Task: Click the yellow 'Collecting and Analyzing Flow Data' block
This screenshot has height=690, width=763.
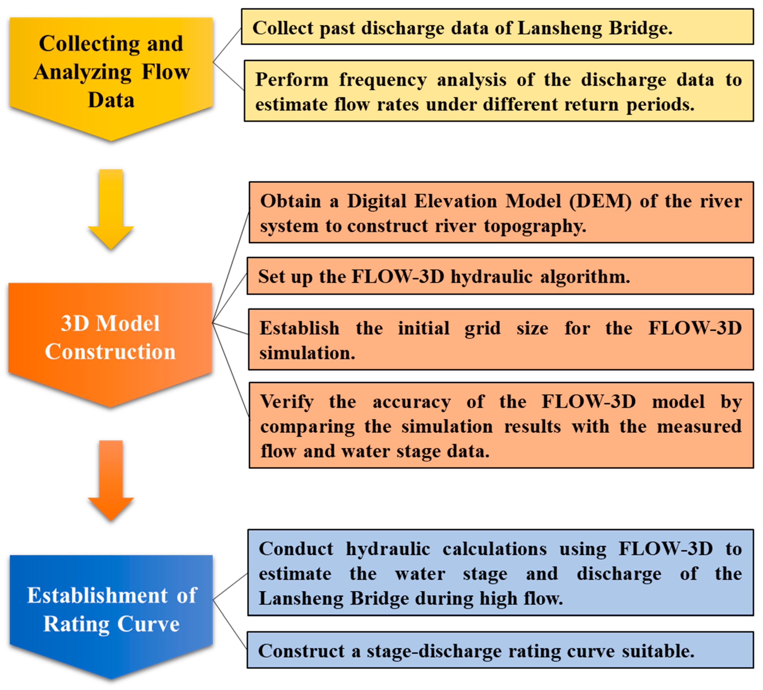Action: pyautogui.click(x=111, y=72)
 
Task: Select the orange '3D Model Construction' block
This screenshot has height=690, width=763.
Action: pyautogui.click(x=110, y=337)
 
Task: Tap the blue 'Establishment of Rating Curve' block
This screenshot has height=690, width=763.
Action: pyautogui.click(x=111, y=609)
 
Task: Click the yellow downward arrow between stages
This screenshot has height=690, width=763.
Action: pyautogui.click(x=111, y=208)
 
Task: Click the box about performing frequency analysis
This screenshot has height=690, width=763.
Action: pyautogui.click(x=498, y=91)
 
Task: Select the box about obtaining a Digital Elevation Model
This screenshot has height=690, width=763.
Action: pyautogui.click(x=501, y=213)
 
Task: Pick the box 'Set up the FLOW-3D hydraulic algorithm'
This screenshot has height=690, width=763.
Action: pyautogui.click(x=500, y=276)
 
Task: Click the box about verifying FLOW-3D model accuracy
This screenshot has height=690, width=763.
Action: pyautogui.click(x=501, y=426)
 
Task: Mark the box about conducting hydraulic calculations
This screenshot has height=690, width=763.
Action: pyautogui.click(x=500, y=573)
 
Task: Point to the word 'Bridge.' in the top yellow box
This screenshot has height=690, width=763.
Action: pyautogui.click(x=640, y=28)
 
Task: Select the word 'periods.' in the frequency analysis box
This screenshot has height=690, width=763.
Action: pyautogui.click(x=660, y=105)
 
